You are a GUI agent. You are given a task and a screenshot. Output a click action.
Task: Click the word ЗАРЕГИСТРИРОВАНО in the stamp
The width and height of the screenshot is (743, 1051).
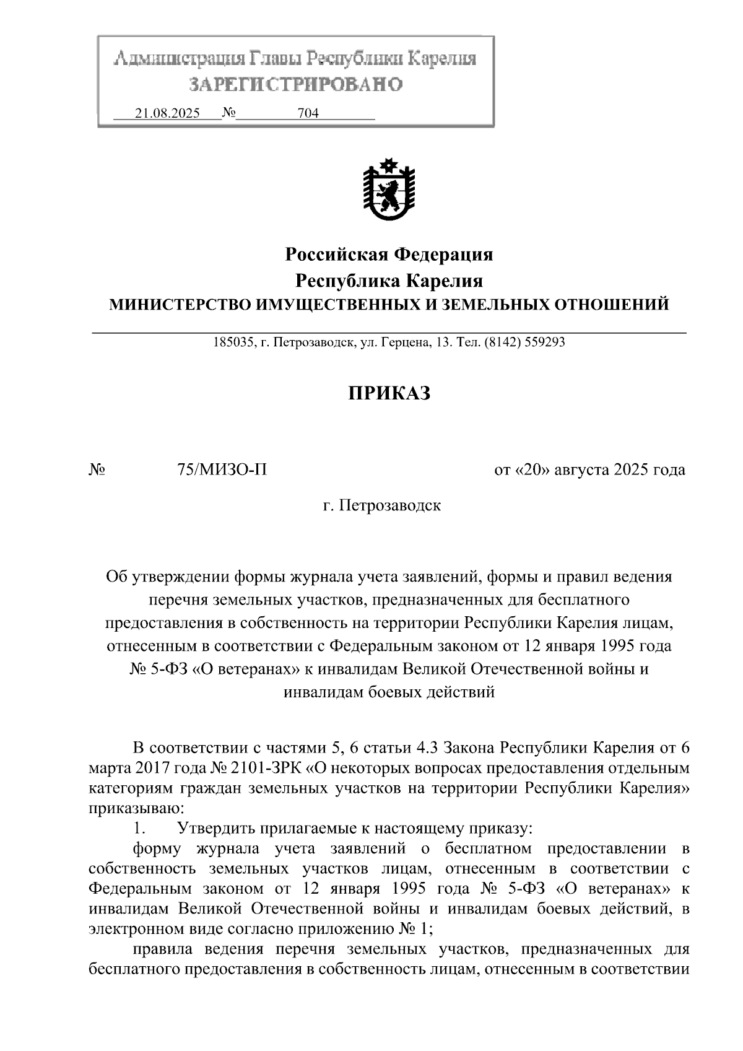[x=295, y=84]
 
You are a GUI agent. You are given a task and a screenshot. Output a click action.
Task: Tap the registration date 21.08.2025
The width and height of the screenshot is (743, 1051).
[x=167, y=113]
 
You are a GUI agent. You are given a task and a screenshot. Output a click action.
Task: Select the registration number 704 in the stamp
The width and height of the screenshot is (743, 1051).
[x=308, y=113]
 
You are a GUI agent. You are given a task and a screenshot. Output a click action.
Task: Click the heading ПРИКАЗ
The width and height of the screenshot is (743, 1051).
[x=389, y=393]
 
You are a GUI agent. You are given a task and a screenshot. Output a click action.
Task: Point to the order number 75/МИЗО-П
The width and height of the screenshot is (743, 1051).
[x=222, y=469]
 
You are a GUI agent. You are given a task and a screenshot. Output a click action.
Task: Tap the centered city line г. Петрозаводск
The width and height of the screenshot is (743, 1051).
[x=382, y=505]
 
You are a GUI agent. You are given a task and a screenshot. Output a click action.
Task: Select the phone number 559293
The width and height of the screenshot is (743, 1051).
[x=545, y=342]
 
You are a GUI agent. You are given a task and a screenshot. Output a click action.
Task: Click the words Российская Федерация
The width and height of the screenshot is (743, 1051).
[x=389, y=254]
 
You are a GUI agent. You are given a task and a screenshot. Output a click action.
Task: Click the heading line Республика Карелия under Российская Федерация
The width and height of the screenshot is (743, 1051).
[x=389, y=281]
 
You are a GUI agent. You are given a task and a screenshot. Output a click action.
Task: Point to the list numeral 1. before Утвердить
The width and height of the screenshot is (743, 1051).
[x=140, y=828]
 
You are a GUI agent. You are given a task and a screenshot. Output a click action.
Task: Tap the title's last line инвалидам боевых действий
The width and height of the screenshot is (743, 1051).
[x=389, y=692]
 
